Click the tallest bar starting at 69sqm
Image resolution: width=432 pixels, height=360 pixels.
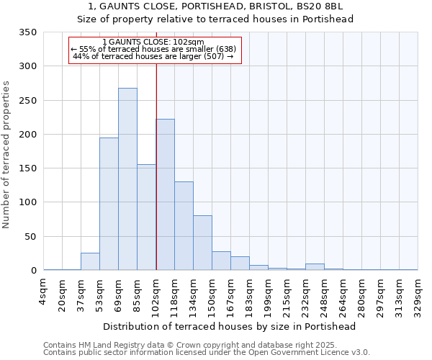click(127, 179)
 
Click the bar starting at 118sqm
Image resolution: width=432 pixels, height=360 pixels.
click(184, 226)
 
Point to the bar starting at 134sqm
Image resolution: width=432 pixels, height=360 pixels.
click(202, 243)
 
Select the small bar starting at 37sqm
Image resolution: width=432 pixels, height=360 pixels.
click(90, 262)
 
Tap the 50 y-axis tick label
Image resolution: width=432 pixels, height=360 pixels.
click(30, 237)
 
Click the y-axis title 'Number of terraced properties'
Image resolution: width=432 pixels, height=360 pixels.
click(6, 155)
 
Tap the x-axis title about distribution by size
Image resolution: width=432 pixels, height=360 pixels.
click(230, 326)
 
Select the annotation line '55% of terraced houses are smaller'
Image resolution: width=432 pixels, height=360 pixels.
click(154, 49)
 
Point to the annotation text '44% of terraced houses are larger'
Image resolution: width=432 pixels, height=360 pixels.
click(154, 56)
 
